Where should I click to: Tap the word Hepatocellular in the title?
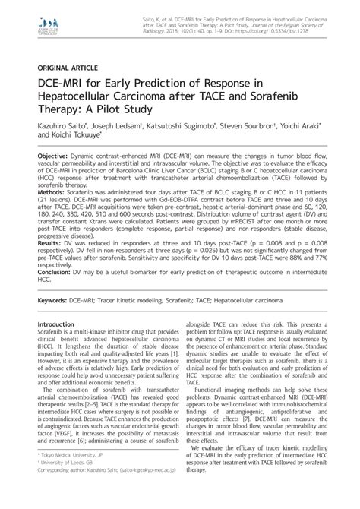point(81,100)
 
